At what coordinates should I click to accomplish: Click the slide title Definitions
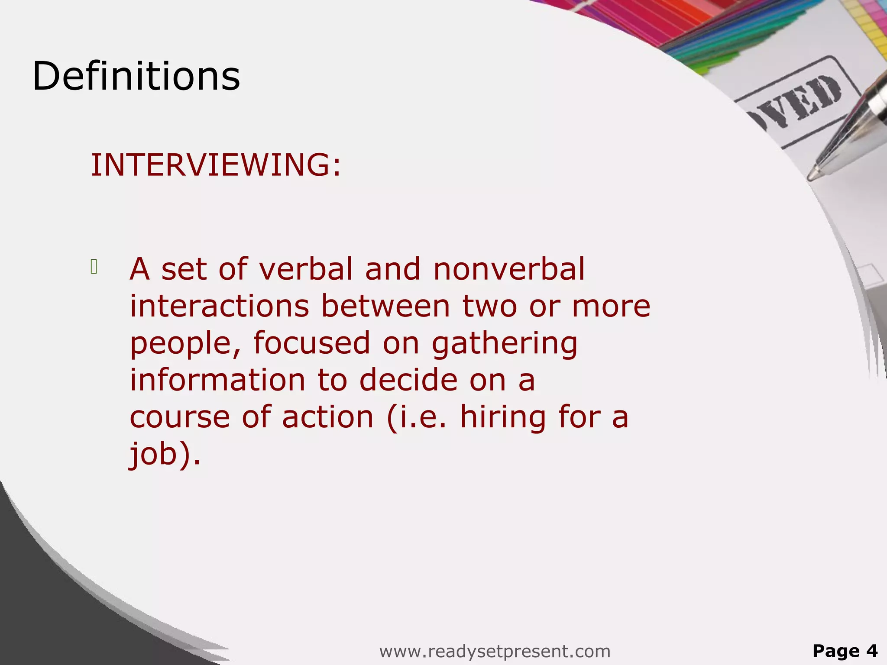click(x=136, y=76)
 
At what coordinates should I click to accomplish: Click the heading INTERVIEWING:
click(x=216, y=165)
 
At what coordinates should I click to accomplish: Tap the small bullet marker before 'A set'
click(x=94, y=267)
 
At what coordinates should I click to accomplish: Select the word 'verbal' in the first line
click(x=306, y=269)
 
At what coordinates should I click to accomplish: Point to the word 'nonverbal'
click(x=509, y=269)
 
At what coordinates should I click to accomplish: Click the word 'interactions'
click(x=220, y=306)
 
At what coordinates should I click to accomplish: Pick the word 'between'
click(x=385, y=306)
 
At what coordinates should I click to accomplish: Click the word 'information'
click(x=218, y=380)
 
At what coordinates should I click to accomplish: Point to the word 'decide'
click(x=408, y=380)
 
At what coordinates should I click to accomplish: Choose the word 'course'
click(x=180, y=417)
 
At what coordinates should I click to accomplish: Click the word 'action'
click(x=328, y=417)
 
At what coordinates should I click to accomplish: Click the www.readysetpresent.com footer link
click(x=495, y=651)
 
